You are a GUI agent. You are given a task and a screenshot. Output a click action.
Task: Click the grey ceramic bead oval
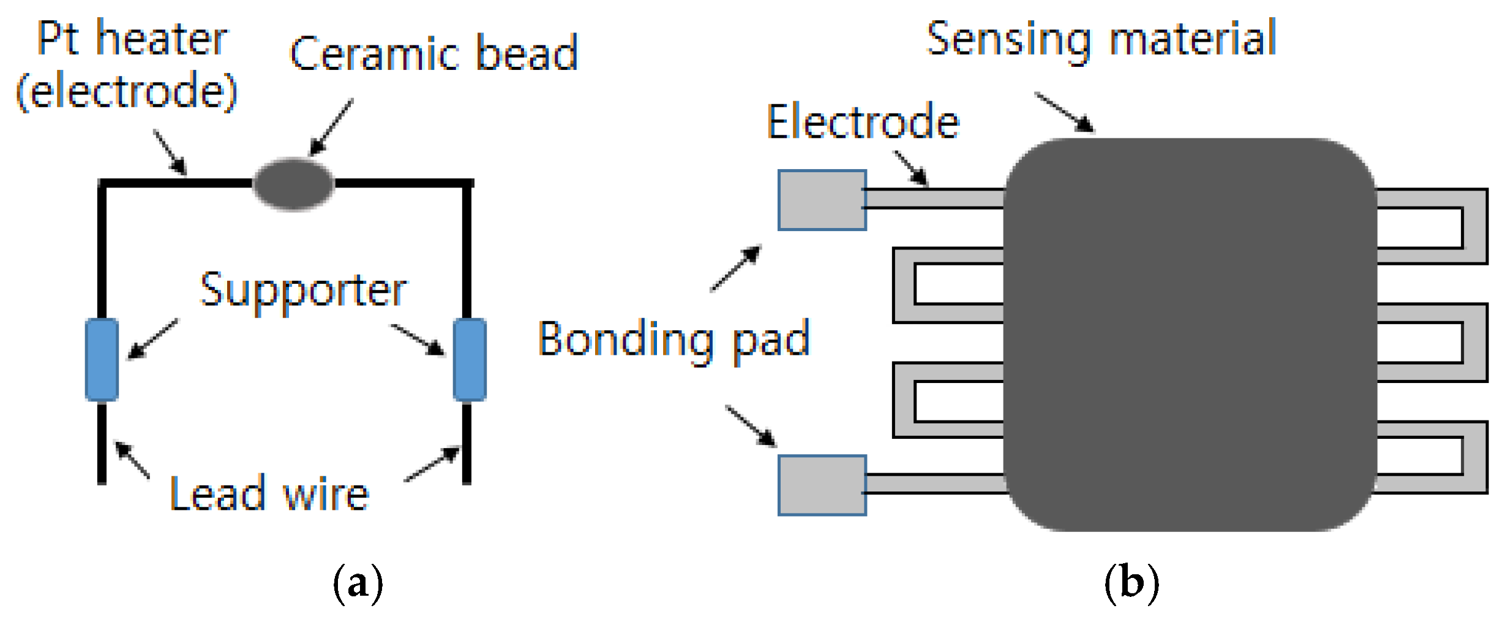[x=293, y=184]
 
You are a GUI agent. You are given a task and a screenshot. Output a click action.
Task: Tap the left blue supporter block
[x=102, y=360]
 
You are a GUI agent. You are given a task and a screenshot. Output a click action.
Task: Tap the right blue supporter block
[x=470, y=360]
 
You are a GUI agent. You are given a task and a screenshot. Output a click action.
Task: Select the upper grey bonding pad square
[x=822, y=200]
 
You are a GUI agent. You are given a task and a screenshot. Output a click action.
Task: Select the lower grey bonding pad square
[x=822, y=485]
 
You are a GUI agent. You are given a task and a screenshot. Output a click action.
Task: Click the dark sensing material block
[x=1190, y=334]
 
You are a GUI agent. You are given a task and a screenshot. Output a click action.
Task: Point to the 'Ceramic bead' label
[x=433, y=54]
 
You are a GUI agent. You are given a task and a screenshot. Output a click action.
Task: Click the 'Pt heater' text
[x=132, y=39]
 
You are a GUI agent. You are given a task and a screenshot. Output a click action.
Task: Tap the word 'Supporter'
[x=303, y=290]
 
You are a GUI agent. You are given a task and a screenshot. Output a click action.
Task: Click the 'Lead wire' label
[x=269, y=493]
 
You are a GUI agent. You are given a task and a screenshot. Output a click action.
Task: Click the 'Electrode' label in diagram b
[x=863, y=122]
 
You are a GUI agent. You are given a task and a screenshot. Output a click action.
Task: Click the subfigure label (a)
[x=358, y=583]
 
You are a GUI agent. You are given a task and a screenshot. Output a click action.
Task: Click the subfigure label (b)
[x=1131, y=583]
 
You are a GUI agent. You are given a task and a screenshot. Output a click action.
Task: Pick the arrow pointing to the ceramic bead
[x=331, y=127]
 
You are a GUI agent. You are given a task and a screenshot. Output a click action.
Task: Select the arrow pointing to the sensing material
[x=1064, y=112]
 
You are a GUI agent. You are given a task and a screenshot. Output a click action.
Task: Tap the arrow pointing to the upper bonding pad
[x=736, y=268]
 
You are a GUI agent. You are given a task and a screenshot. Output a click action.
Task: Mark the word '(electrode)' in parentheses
[x=127, y=91]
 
